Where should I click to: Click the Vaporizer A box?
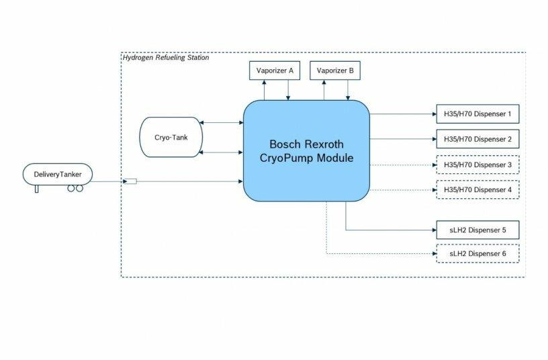coord(275,71)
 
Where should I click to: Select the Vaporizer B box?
coord(335,71)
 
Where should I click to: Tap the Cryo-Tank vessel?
coord(171,137)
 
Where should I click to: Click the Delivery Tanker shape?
coord(58,174)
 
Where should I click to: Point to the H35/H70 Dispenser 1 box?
coord(477,114)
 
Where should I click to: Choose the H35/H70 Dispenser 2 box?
coord(477,139)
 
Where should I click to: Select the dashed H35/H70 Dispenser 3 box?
coord(477,165)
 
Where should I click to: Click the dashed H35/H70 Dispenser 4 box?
coord(477,190)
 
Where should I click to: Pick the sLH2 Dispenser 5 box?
coord(477,230)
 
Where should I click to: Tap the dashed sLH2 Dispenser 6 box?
coord(477,254)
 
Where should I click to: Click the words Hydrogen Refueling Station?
coord(166,58)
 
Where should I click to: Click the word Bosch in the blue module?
coord(285,144)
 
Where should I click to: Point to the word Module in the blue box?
coord(335,158)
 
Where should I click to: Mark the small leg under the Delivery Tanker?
coord(36,189)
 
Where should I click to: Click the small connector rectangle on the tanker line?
coord(131,181)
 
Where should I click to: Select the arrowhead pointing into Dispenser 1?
coord(434,114)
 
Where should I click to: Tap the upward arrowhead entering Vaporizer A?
coord(264,82)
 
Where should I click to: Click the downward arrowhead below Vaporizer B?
coord(348,98)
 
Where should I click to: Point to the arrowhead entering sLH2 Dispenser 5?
coord(434,230)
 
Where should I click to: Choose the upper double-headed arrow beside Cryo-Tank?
coord(221,122)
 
